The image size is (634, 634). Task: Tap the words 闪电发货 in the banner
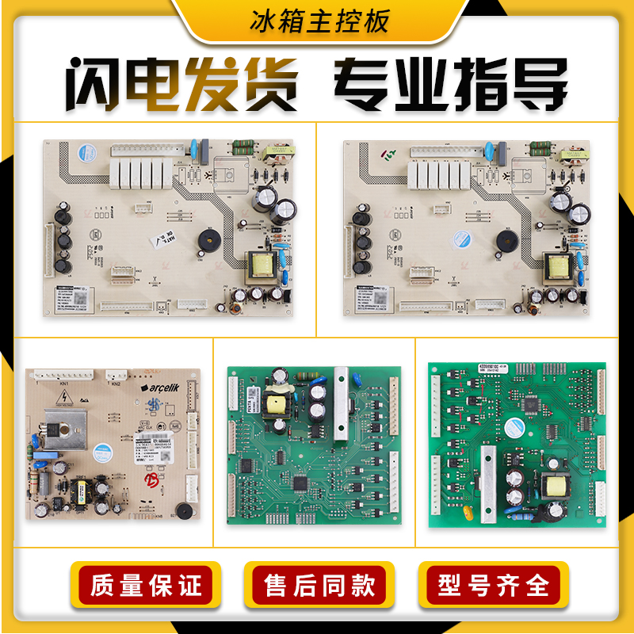pyautogui.click(x=181, y=85)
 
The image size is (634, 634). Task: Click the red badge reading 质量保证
pyautogui.click(x=147, y=586)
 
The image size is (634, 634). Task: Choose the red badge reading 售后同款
pyautogui.click(x=319, y=586)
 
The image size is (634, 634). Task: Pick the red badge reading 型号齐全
pyautogui.click(x=493, y=586)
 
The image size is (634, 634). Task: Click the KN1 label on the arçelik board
pyautogui.click(x=63, y=383)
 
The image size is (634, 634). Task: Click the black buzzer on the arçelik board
pyautogui.click(x=183, y=510)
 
